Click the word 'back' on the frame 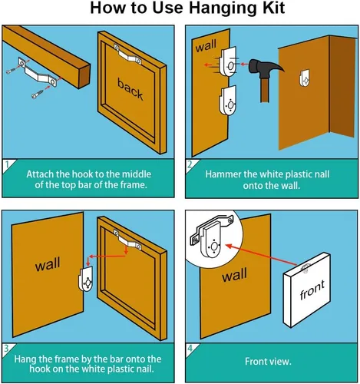click(x=130, y=89)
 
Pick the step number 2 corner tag click(x=191, y=164)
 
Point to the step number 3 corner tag click(x=8, y=349)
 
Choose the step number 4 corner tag click(x=191, y=349)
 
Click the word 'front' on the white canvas click(x=312, y=290)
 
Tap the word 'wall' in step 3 click(x=48, y=264)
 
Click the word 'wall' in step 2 click(x=206, y=45)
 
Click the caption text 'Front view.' click(x=268, y=362)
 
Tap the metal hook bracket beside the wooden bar click(x=38, y=72)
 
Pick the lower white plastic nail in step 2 click(x=227, y=101)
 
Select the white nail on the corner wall click(x=305, y=78)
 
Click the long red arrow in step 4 click(x=262, y=255)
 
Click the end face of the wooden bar click(x=84, y=76)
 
